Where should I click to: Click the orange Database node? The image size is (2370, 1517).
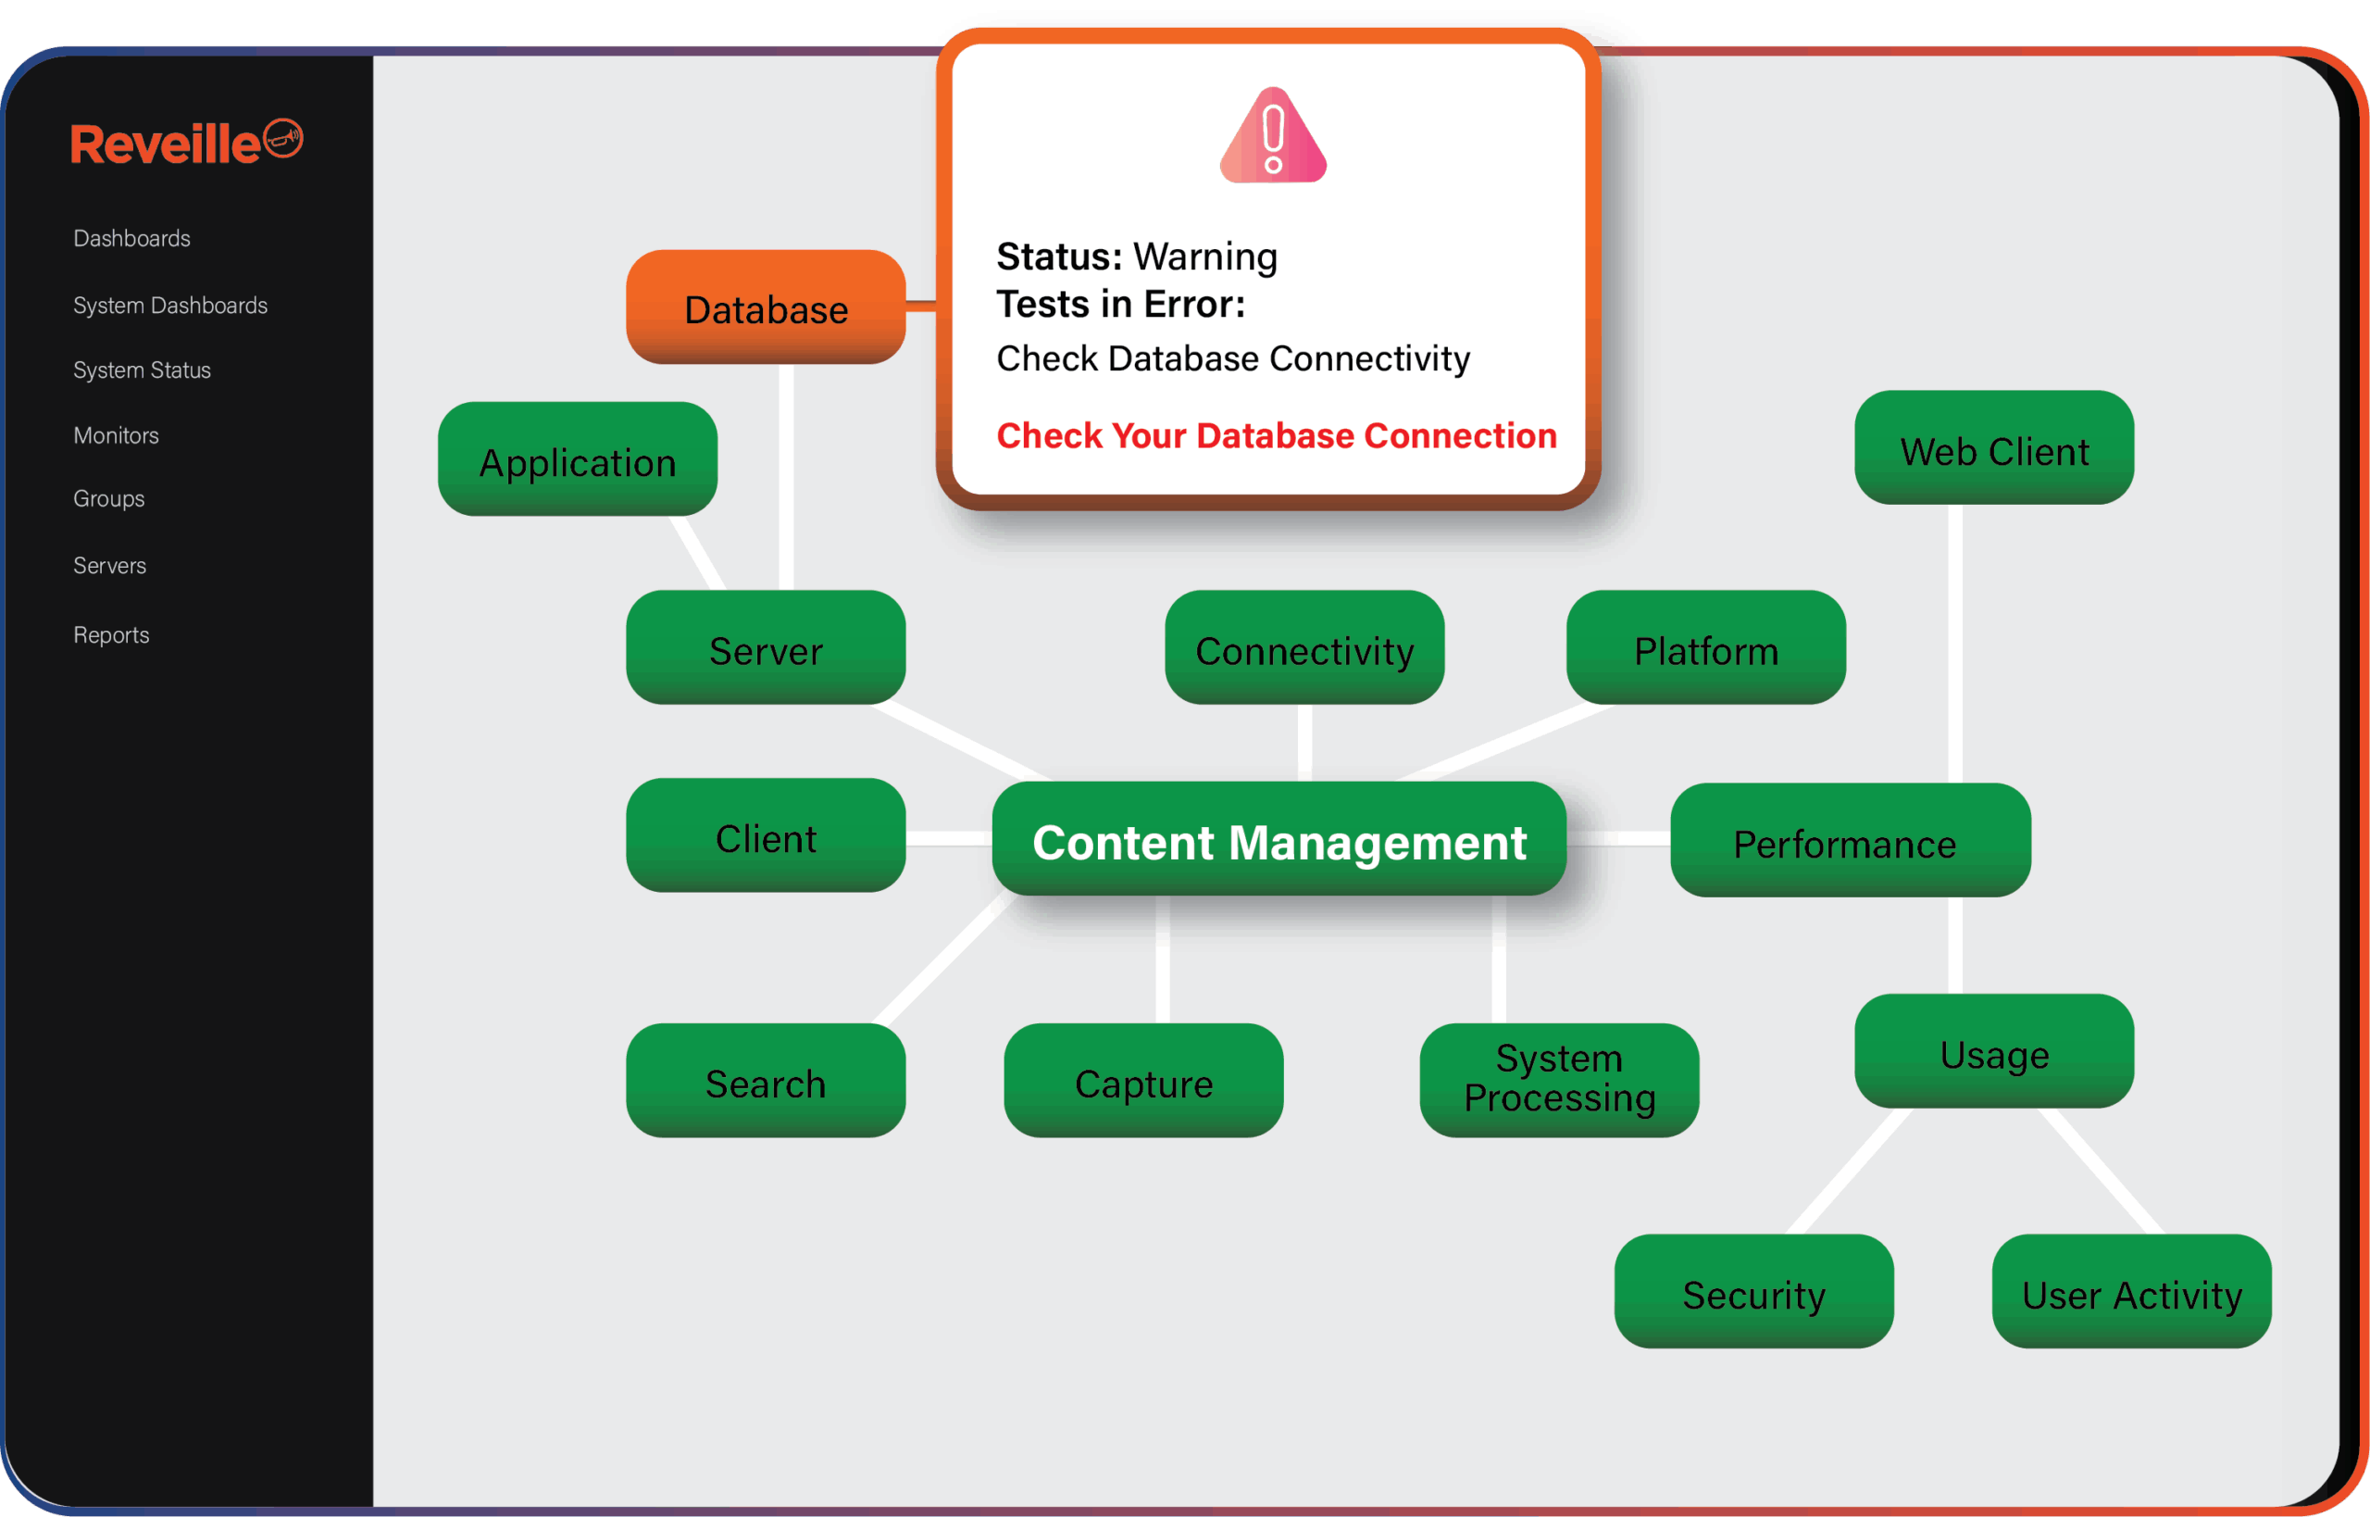click(765, 307)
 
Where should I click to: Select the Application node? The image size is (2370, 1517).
click(577, 460)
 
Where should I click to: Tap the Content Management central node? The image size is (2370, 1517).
click(1279, 840)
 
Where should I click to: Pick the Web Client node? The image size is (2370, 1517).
click(1994, 449)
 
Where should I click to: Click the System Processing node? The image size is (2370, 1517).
click(1559, 1080)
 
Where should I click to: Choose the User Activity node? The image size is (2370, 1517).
click(2131, 1292)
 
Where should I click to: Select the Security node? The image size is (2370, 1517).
click(1753, 1292)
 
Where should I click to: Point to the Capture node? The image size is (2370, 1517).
click(1143, 1082)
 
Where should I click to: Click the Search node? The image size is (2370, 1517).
click(765, 1082)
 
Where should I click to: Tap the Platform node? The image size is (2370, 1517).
click(1705, 648)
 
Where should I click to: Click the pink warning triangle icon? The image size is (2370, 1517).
click(1272, 138)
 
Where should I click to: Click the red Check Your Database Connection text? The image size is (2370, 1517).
click(1276, 435)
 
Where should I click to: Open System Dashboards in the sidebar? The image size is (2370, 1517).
click(170, 306)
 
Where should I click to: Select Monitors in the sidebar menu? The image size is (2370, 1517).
click(117, 435)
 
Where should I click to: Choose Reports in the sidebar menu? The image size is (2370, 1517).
click(111, 635)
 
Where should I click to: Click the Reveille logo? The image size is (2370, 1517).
click(185, 143)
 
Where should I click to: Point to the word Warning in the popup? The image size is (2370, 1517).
click(1205, 257)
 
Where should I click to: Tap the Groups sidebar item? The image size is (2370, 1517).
click(108, 498)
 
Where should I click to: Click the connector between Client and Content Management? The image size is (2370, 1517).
click(948, 838)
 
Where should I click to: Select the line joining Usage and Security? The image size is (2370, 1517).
click(1849, 1172)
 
